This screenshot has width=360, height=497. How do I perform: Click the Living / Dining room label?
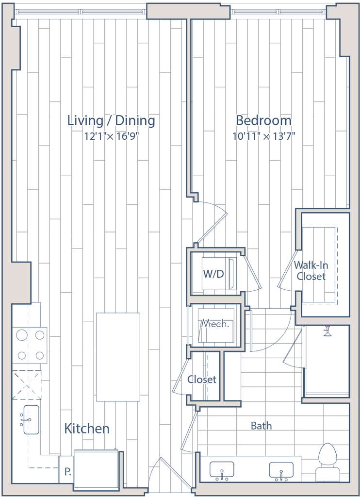112,121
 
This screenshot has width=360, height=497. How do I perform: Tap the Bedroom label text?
263,120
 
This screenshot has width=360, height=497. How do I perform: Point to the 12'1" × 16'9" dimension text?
112,136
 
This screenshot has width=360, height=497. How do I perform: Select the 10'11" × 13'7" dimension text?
263,136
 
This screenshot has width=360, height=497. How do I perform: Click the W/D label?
213,274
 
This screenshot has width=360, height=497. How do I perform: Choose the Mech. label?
215,324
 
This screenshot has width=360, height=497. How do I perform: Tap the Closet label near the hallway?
202,379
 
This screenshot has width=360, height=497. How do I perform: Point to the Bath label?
262,426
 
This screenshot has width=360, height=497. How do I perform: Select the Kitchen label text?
87,429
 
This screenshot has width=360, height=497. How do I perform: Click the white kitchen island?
118,357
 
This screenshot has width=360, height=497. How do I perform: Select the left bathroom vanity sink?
221,469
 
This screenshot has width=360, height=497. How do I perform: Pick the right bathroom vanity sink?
281,469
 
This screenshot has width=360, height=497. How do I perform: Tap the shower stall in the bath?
326,362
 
